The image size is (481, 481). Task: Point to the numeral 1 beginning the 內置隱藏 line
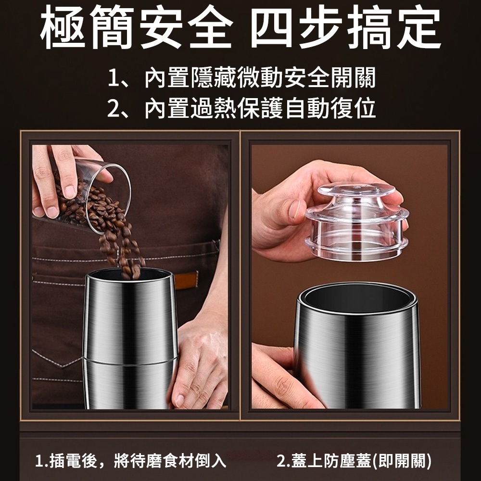(x=114, y=78)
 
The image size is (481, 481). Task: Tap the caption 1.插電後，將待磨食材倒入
(x=131, y=461)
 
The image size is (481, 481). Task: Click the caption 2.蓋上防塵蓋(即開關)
(x=354, y=461)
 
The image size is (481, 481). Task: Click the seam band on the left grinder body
(x=130, y=358)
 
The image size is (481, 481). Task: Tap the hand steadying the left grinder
(x=200, y=365)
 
